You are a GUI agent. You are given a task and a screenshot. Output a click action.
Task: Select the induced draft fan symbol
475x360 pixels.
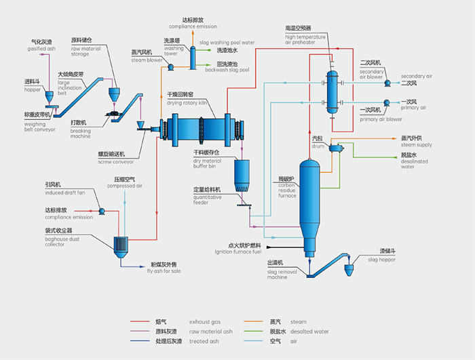[x=101, y=211]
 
